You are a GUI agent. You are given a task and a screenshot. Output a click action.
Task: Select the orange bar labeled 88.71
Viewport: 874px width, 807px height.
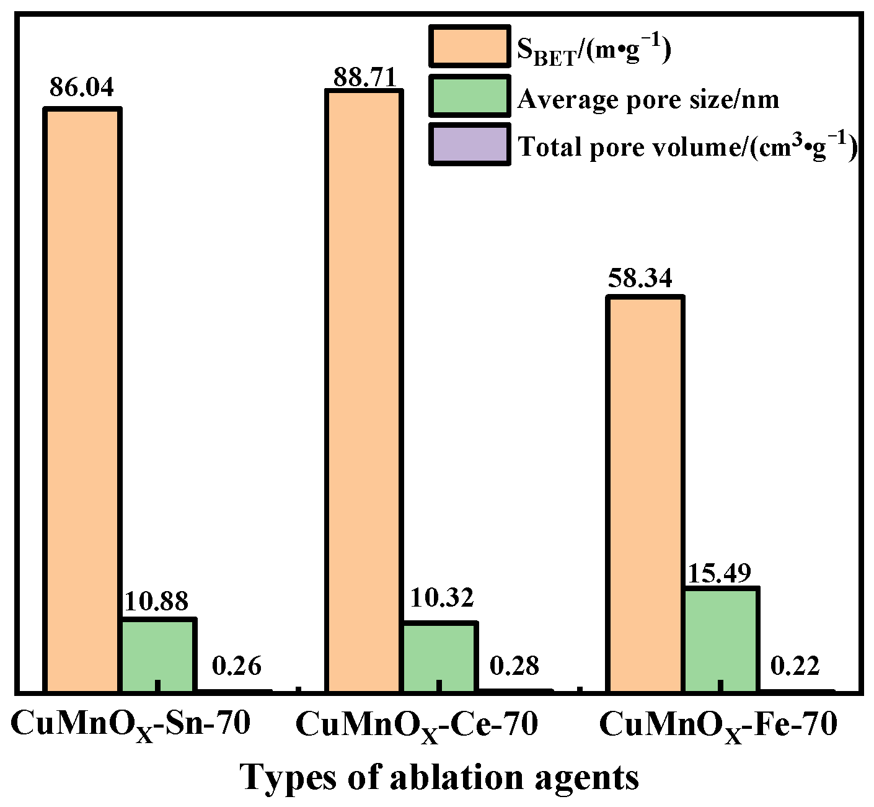(x=364, y=390)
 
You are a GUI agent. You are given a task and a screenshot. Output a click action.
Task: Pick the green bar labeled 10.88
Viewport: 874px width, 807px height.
(x=158, y=654)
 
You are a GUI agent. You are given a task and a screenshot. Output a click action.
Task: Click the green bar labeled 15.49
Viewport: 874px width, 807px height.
(x=721, y=639)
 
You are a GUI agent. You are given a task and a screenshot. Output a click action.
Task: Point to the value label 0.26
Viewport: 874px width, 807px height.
(x=236, y=666)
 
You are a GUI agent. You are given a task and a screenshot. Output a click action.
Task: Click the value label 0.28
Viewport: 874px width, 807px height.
(x=514, y=666)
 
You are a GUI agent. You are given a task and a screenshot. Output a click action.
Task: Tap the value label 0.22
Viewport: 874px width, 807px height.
(x=795, y=666)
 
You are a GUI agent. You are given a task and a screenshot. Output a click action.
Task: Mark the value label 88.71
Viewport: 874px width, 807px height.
(x=364, y=78)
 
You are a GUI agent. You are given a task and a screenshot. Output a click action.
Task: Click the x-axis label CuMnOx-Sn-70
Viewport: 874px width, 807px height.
(x=130, y=725)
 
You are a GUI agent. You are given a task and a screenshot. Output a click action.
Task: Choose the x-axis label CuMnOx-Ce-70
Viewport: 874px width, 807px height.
(x=417, y=725)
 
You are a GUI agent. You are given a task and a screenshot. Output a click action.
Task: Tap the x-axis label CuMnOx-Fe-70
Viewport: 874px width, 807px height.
(x=718, y=725)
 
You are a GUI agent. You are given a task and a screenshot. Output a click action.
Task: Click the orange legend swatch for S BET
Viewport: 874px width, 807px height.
(x=469, y=46)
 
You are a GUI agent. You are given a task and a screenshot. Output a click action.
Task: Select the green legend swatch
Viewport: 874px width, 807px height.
(x=469, y=96)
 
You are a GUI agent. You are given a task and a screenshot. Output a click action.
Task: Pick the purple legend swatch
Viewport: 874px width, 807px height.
(x=469, y=144)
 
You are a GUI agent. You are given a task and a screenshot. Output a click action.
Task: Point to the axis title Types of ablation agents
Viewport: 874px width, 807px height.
(x=439, y=777)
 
